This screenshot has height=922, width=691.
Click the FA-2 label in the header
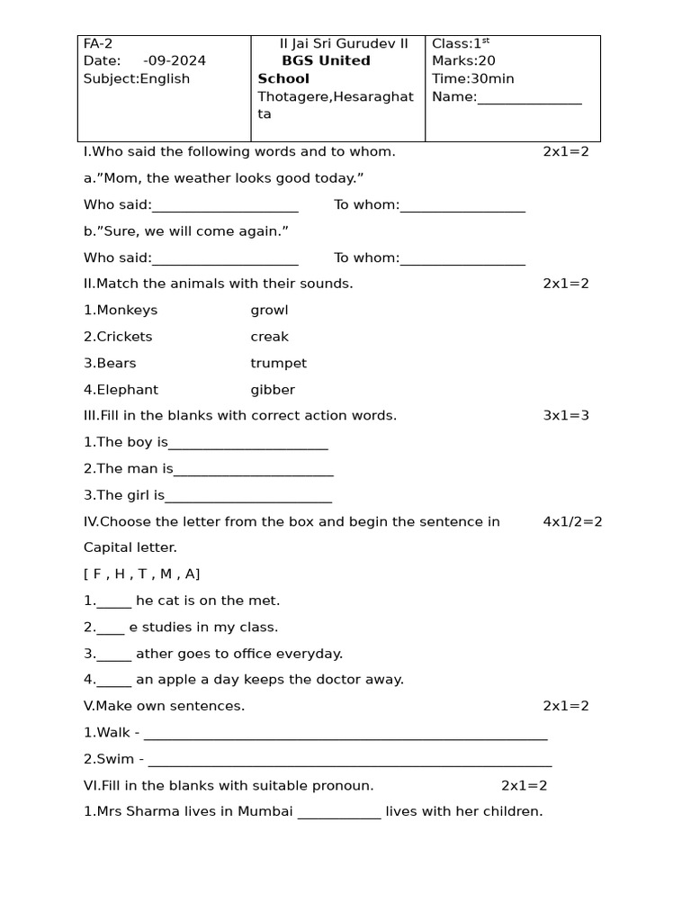point(98,43)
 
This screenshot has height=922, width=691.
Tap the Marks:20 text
point(463,60)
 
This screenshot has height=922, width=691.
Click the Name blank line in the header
point(529,98)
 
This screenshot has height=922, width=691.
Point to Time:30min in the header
point(472,78)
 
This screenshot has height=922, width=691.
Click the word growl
point(269,311)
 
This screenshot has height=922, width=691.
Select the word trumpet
point(278,364)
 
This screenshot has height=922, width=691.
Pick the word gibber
point(273,390)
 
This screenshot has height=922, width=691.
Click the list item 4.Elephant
point(121,390)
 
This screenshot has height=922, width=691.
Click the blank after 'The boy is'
point(248,444)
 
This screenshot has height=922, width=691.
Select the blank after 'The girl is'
point(248,497)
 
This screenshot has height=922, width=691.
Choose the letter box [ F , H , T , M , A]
point(141,574)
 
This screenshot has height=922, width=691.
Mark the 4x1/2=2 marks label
point(572,522)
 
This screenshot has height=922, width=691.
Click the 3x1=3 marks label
point(566,416)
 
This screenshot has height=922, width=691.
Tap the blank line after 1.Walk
point(345,735)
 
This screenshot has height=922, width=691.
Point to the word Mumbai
point(265,811)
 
